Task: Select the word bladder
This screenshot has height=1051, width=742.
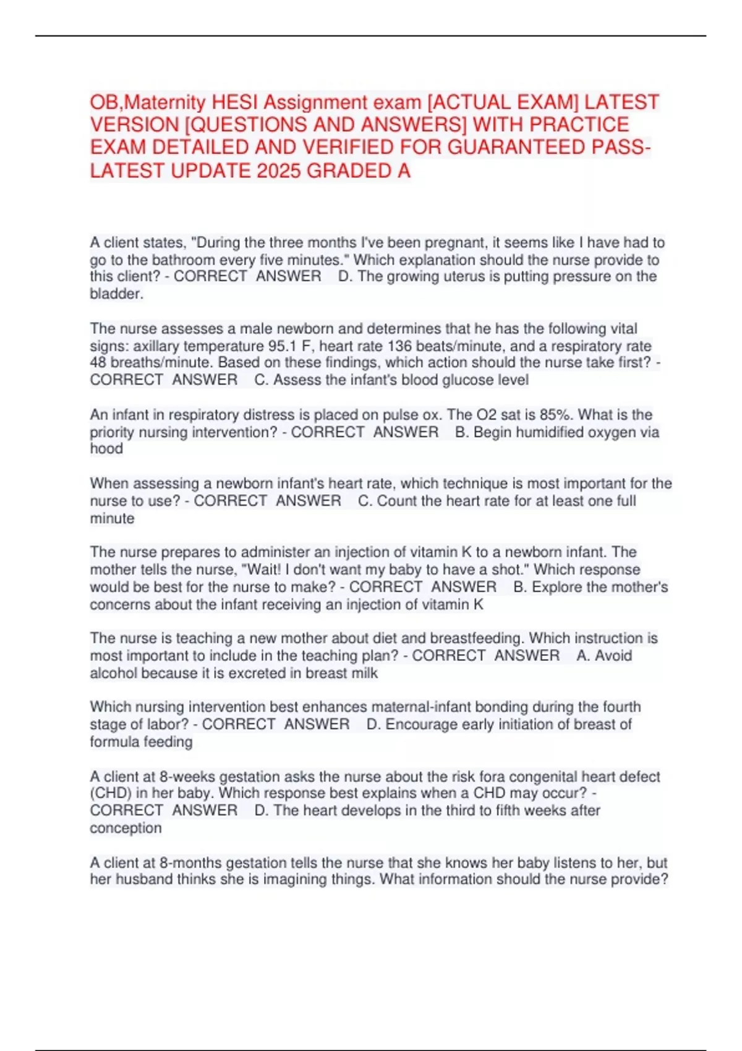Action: tap(116, 294)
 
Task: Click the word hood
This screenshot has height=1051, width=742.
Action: tap(106, 449)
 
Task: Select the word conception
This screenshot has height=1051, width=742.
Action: tap(126, 828)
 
